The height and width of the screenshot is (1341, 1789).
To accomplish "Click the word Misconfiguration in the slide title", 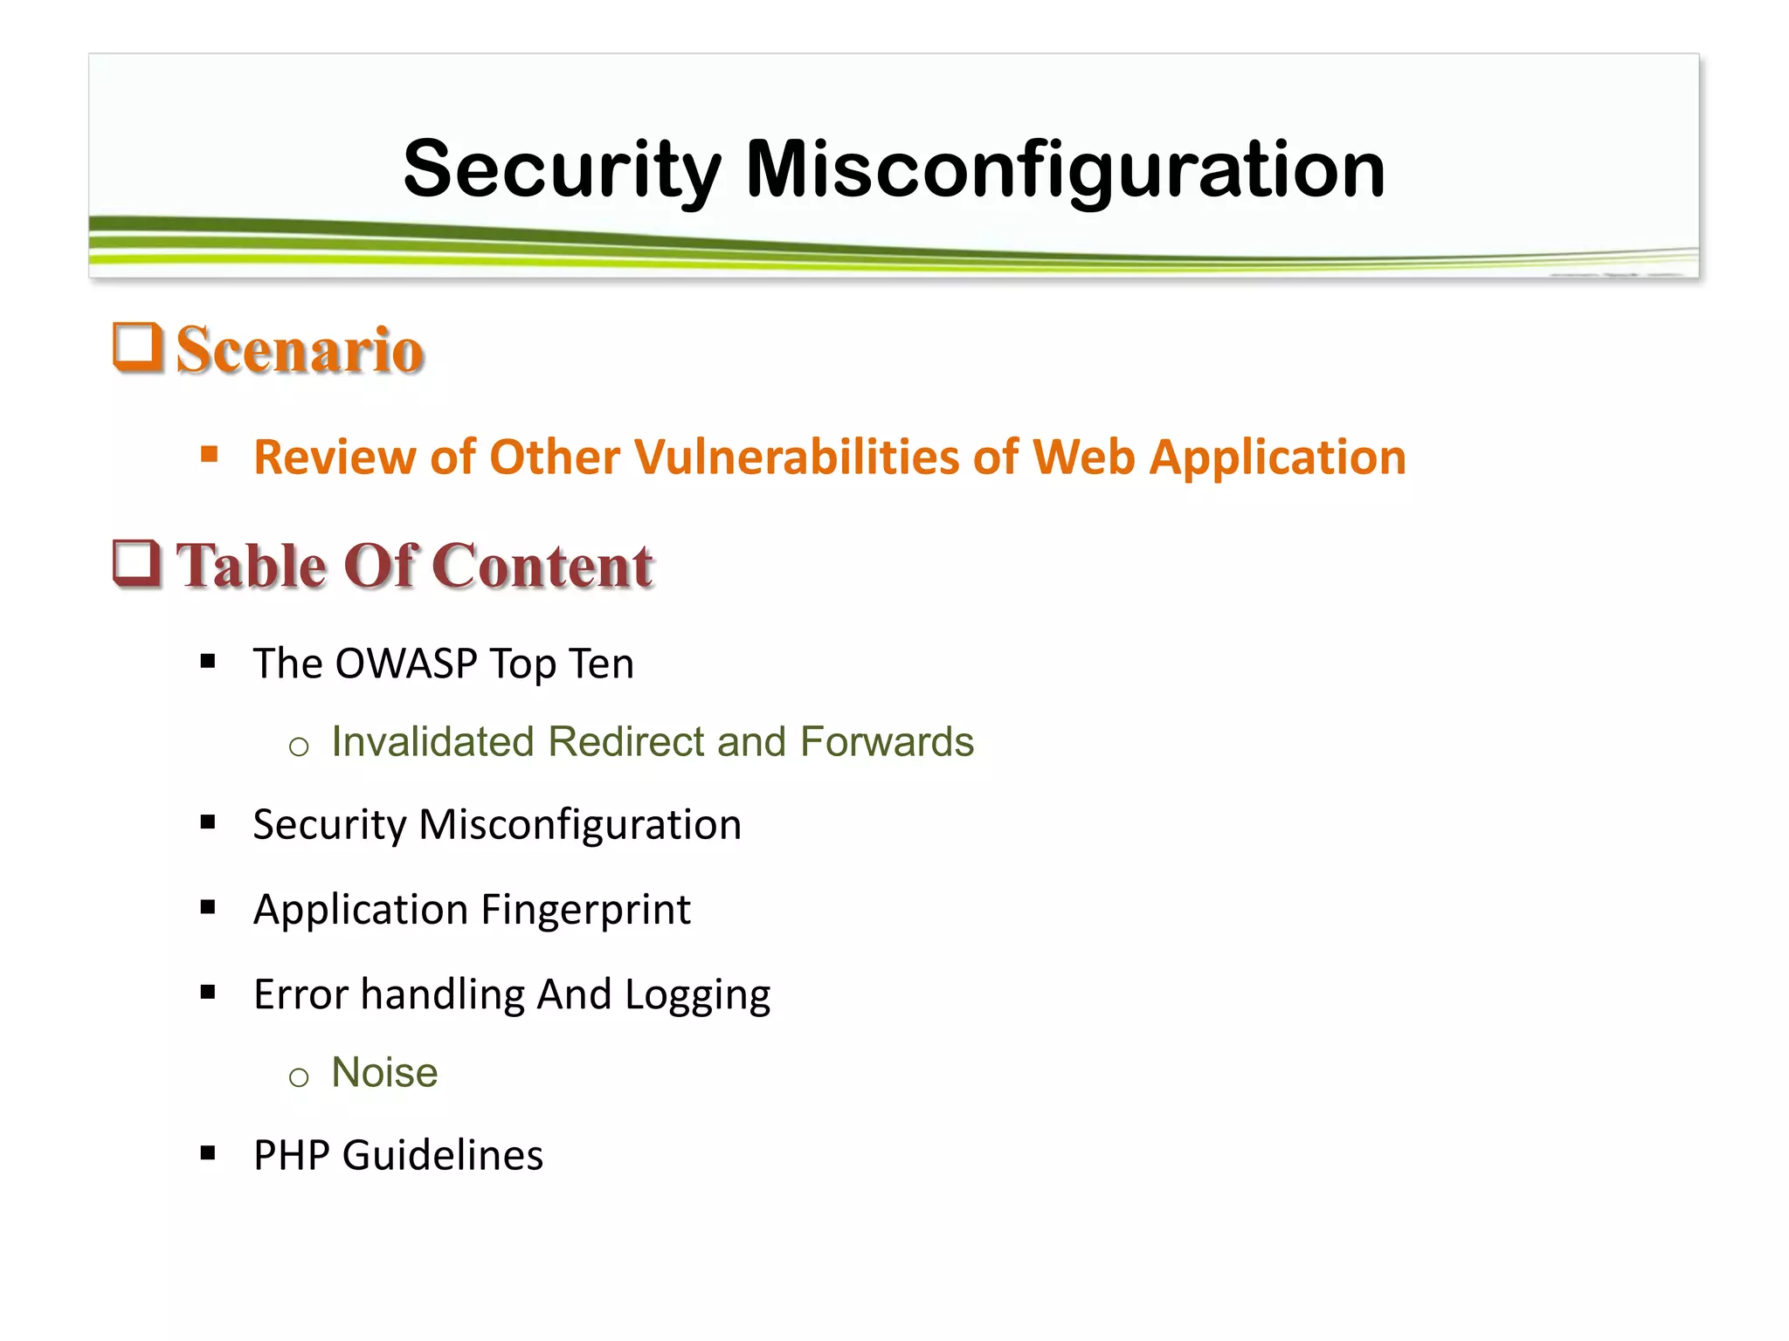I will point(1065,169).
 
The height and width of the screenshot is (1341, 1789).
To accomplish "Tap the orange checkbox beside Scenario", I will point(138,347).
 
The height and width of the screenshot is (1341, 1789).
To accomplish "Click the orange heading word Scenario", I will point(300,350).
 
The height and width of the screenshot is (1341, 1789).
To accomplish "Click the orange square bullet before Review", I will point(209,454).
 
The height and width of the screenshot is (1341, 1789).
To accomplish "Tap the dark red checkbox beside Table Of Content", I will point(137,563).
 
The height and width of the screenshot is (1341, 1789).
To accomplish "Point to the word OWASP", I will point(405,664).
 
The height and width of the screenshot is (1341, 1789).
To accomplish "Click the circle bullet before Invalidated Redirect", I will point(299,746).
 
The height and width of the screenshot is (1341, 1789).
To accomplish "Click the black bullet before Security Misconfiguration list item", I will point(208,822).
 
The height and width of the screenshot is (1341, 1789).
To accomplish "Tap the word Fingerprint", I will point(585,910).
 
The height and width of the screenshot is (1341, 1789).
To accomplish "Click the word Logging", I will point(697,995).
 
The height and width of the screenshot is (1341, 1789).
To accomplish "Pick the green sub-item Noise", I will point(384,1072).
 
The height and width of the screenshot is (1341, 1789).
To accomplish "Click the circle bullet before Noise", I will point(299,1077).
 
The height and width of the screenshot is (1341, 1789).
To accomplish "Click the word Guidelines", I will point(442,1155).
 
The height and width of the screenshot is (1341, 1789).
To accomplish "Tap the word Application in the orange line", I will point(1277,458).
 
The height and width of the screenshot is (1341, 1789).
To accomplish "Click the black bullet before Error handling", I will point(208,992).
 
